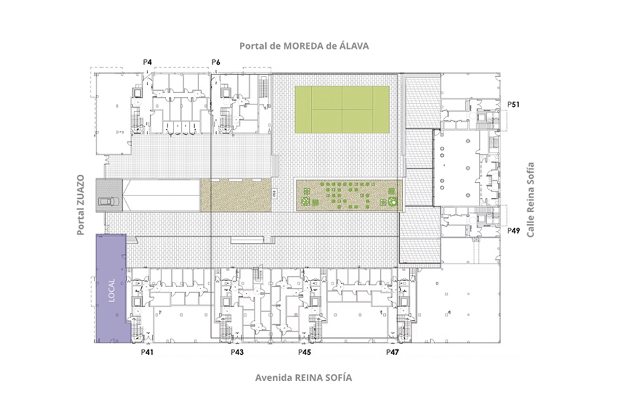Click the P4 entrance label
point(147,62)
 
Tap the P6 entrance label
point(216,62)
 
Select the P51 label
point(513,104)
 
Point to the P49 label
point(513,231)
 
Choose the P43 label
point(237,352)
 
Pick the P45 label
point(304,352)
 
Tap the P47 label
point(393,352)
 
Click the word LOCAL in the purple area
point(111,290)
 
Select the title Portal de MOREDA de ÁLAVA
point(304,46)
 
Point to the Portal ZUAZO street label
point(80,205)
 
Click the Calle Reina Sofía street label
point(530,199)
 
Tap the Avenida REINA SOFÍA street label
point(303,378)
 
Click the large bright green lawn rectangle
point(342,110)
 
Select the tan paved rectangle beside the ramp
point(236,195)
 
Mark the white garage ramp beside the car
point(161,195)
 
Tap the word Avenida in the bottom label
point(273,378)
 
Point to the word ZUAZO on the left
point(80,190)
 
